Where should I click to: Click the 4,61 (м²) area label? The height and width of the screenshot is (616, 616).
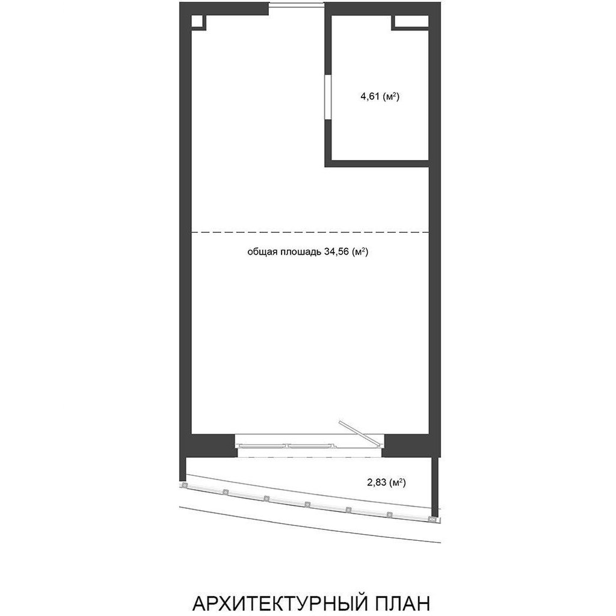[380, 96]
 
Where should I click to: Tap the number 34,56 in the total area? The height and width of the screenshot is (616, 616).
[336, 252]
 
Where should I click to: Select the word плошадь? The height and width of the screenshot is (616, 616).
[301, 252]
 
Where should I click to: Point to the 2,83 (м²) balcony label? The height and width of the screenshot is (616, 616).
[386, 482]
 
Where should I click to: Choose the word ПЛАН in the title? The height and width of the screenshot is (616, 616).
[402, 603]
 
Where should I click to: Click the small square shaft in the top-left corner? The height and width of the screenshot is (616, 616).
[199, 22]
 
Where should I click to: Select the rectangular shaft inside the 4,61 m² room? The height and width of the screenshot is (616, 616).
[410, 22]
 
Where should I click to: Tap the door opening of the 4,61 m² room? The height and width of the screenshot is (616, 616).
[327, 97]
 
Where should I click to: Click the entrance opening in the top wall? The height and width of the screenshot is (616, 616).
[297, 5]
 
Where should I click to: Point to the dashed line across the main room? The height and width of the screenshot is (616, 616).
[310, 232]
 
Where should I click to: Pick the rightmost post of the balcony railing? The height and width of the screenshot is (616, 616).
[433, 519]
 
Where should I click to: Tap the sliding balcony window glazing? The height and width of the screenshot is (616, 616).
[286, 446]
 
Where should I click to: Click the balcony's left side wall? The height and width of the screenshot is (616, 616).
[182, 469]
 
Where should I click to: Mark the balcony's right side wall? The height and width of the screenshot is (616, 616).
[434, 486]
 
